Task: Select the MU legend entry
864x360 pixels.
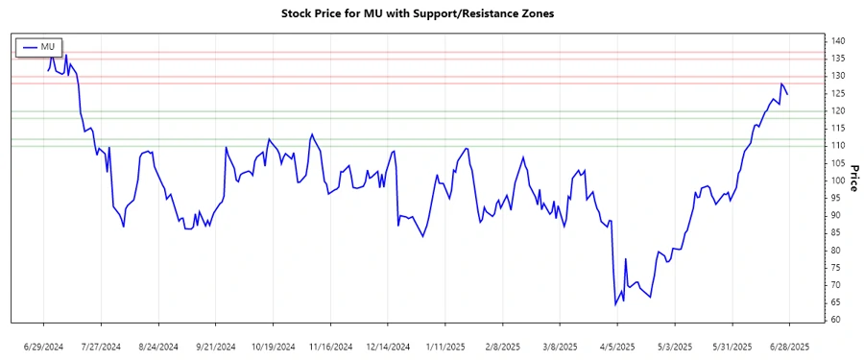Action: (39, 46)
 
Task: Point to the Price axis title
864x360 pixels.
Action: (853, 180)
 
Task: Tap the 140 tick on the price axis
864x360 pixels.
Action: (837, 41)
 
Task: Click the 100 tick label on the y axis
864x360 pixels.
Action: (837, 180)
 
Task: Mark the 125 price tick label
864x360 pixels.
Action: (837, 93)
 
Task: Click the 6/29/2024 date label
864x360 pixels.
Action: (43, 347)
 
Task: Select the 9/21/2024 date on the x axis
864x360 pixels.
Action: (216, 347)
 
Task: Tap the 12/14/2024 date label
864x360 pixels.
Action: (389, 347)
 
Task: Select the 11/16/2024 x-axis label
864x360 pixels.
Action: (331, 347)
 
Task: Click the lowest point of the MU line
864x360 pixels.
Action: (615, 304)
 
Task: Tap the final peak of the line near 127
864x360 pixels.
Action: (782, 84)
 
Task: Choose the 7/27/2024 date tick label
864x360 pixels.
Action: (101, 347)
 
